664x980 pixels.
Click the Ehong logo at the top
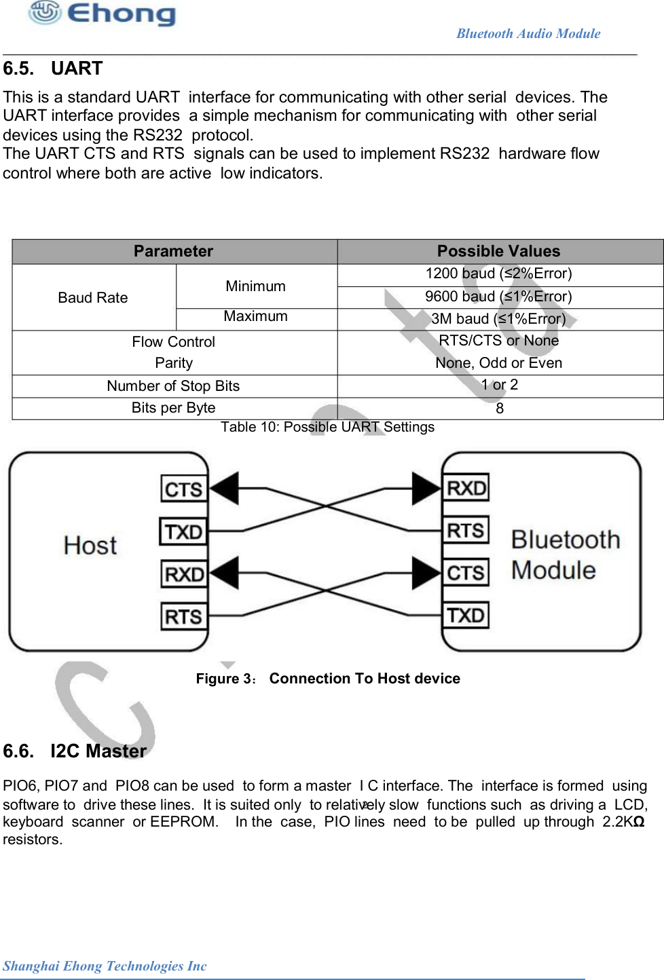click(102, 13)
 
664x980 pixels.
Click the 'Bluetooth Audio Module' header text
click(528, 33)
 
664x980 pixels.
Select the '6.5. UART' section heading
click(53, 69)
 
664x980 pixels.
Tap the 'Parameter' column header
click(173, 251)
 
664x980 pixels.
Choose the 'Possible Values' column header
click(498, 251)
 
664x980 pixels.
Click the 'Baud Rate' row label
click(93, 298)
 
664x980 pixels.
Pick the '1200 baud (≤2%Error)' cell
click(498, 274)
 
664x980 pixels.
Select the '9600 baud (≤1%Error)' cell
click(498, 297)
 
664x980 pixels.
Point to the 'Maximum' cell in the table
click(255, 316)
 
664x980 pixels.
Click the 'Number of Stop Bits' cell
click(173, 386)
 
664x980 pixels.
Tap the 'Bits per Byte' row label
click(173, 408)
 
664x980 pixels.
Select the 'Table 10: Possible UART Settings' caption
click(327, 427)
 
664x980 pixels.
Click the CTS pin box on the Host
click(183, 489)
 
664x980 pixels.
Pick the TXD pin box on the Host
click(183, 531)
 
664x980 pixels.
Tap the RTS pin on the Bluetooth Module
click(466, 530)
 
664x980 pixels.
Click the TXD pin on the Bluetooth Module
click(466, 616)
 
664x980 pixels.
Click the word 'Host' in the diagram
click(90, 546)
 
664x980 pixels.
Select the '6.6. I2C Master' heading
click(75, 751)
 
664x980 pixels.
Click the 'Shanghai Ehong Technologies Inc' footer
click(105, 966)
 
